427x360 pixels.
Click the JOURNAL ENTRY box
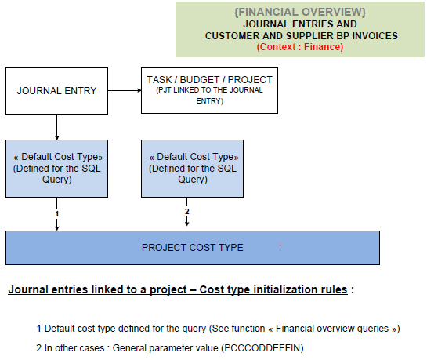coord(56,91)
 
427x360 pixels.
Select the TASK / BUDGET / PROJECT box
coord(209,90)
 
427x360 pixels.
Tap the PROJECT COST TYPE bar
coord(193,248)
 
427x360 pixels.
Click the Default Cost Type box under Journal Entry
coord(56,169)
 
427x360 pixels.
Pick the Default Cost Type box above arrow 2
coord(192,169)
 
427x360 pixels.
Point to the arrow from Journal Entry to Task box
coord(125,90)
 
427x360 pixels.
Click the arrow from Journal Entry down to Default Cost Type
coord(56,127)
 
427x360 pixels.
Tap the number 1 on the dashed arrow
coord(56,214)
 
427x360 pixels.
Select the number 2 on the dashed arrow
coord(186,212)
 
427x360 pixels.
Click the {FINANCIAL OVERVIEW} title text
coord(300,12)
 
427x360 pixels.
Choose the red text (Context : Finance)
coord(300,47)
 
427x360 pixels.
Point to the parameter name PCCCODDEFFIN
coord(262,348)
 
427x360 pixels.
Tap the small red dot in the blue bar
coord(280,245)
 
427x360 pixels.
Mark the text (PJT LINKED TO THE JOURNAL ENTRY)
coord(209,96)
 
